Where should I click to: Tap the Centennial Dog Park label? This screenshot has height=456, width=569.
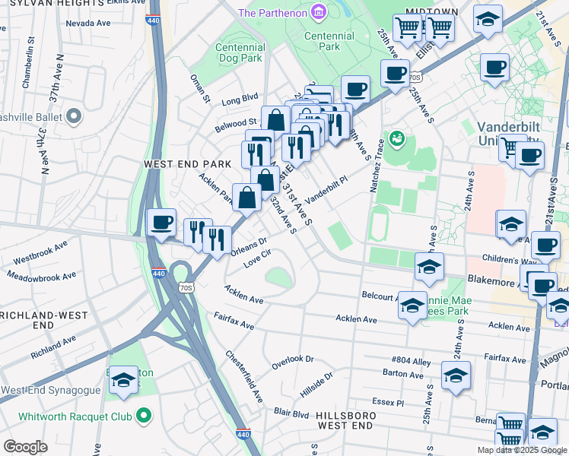point(240,52)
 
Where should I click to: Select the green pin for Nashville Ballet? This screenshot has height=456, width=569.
point(74,116)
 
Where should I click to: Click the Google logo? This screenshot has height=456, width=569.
point(25,447)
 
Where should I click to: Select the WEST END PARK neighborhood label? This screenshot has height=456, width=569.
point(176,163)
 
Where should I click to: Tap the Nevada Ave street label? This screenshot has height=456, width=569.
point(90,24)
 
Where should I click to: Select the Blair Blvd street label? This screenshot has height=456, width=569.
point(291,414)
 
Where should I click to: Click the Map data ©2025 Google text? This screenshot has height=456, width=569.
point(521,450)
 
